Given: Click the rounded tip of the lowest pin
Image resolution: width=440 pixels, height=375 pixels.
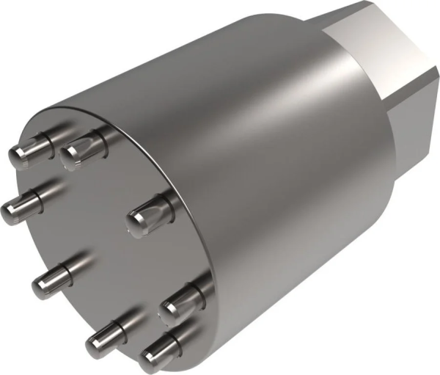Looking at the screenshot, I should [151, 360].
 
